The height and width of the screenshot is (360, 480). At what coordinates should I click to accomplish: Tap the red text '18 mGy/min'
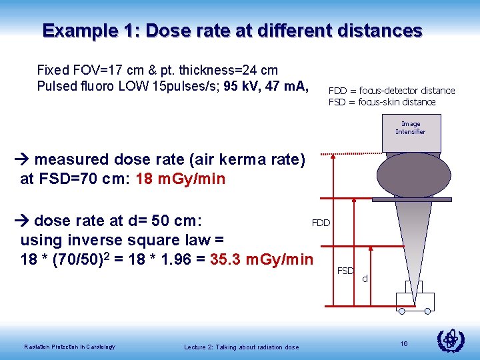click(x=180, y=179)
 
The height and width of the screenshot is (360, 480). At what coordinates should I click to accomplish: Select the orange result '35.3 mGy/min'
click(x=261, y=259)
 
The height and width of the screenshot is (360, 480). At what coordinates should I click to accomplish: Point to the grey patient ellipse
click(x=409, y=175)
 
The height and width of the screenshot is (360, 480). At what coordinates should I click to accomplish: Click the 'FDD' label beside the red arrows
click(x=321, y=223)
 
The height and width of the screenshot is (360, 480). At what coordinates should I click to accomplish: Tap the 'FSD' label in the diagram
click(x=345, y=271)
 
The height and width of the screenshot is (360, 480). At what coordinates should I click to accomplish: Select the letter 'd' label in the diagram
click(x=365, y=278)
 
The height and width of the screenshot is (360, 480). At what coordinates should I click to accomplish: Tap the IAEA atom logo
click(x=451, y=340)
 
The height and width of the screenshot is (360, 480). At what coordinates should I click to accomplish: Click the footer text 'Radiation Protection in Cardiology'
click(x=69, y=346)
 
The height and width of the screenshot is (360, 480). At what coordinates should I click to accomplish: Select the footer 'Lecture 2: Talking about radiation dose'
click(x=241, y=346)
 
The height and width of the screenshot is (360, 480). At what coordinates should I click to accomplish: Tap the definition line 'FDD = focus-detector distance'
click(x=391, y=91)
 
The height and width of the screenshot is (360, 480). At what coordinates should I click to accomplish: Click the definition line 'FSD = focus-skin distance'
click(x=381, y=102)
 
